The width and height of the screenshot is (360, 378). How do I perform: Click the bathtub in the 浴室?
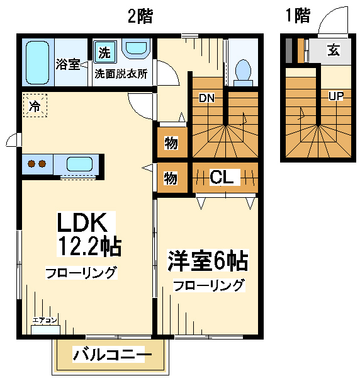point(37,62)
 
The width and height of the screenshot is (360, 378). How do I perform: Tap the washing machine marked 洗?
point(104,52)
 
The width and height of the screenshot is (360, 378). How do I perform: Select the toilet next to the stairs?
point(243,72)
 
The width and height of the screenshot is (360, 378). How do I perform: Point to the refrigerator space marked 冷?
point(35,105)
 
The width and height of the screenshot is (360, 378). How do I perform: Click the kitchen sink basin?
point(79,164)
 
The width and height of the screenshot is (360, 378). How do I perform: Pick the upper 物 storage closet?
point(172,142)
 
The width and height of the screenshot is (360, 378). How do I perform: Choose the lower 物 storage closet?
point(172,178)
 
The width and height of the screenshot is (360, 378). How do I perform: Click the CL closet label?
point(222,177)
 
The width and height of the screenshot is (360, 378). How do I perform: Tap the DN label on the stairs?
point(207,98)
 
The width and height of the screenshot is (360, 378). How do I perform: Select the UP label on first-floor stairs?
point(336,96)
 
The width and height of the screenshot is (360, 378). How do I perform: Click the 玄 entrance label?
point(334,50)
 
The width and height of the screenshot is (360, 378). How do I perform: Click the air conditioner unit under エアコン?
point(45,329)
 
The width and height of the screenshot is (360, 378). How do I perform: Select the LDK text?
point(82,222)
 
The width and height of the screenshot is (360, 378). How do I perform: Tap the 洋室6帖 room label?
point(208,261)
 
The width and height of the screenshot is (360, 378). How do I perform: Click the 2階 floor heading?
point(140,16)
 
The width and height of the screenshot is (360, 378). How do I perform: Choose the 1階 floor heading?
point(298,16)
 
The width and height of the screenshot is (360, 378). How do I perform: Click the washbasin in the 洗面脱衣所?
point(137,49)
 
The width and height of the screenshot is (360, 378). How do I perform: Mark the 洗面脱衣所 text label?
point(121,74)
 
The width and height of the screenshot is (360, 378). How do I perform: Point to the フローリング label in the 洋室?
point(209,285)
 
